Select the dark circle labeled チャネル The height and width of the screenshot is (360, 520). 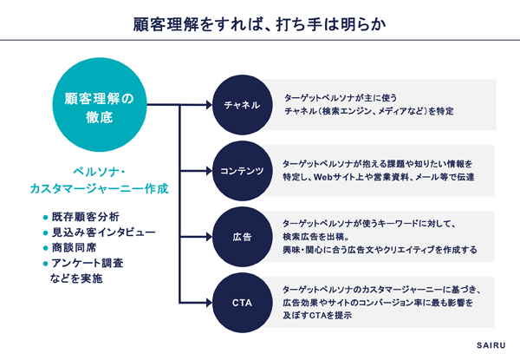[242, 105]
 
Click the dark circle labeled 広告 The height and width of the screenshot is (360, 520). [242, 237]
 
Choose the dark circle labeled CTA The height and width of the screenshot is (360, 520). [242, 303]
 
